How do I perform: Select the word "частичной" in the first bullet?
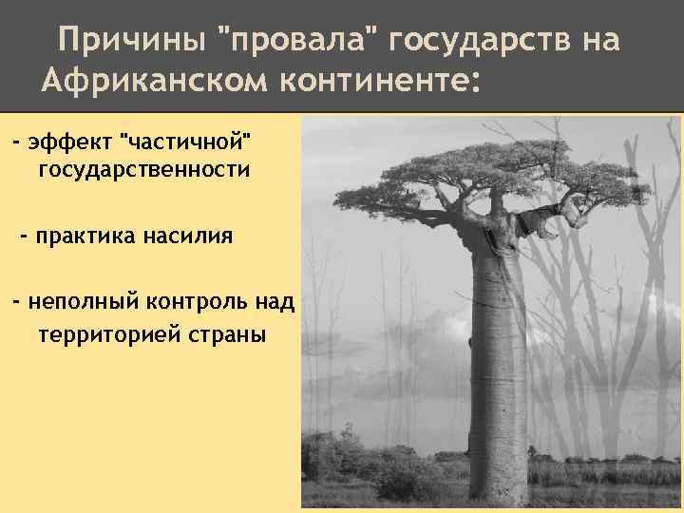pos(189,142)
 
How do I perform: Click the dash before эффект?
pos(15,142)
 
